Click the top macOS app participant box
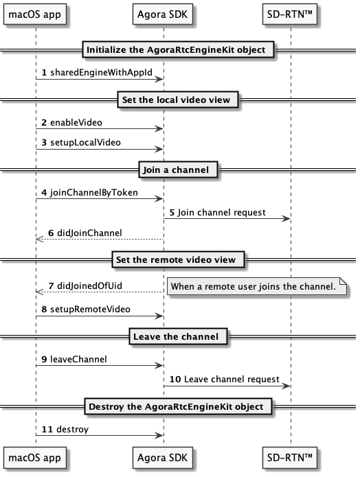coord(35,14)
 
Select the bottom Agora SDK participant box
coord(163,458)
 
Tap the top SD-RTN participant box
coord(290,14)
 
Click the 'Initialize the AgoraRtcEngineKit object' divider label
coord(176,49)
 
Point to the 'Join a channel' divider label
coord(176,170)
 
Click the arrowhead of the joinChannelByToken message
coord(159,198)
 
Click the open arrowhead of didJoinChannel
coord(40,239)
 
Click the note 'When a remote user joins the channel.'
coord(257,286)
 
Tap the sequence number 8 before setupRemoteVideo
coord(44,309)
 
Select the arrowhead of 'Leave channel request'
coord(286,386)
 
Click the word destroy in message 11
coord(73,429)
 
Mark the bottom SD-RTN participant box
coord(290,458)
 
